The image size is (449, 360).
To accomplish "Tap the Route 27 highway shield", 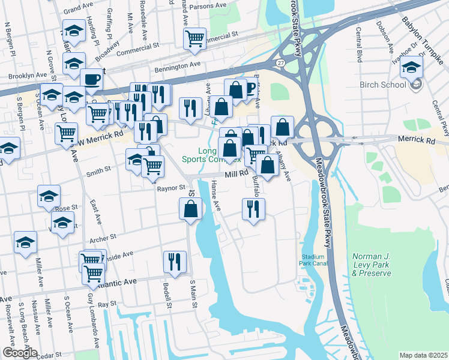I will pos(281,62).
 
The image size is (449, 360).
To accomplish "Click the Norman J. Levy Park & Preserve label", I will pos(371,265).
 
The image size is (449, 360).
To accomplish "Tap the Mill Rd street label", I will pos(237,173).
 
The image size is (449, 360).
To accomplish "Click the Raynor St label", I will pos(170,188).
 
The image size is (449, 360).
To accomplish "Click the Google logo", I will pos(20,353).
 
